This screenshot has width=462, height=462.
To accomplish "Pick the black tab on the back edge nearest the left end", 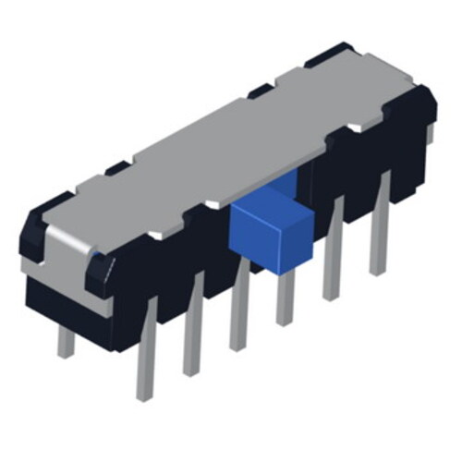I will tap(116, 169).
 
